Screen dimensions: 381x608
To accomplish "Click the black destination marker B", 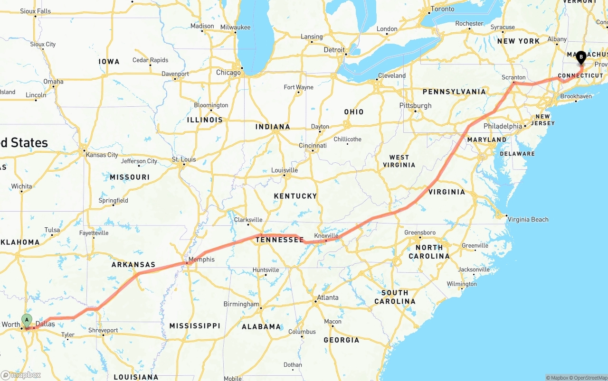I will click(x=580, y=57).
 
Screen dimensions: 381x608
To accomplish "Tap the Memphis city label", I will click(x=201, y=260).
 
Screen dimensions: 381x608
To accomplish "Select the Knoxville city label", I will click(x=326, y=236).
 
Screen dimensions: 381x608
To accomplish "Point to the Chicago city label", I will click(x=228, y=73).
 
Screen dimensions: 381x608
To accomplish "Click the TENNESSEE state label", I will click(x=280, y=240).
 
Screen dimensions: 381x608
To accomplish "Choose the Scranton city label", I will click(x=513, y=77).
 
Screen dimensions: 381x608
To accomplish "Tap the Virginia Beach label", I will click(x=528, y=219).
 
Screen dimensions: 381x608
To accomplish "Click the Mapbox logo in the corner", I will click(x=21, y=375).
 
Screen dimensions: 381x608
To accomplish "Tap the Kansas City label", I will click(x=102, y=155).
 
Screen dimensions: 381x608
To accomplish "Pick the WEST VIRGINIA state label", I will click(x=399, y=161).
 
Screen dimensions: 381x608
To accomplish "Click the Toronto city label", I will click(x=442, y=9).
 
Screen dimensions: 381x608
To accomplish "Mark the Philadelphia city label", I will click(x=503, y=126).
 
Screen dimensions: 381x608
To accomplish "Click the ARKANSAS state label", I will click(x=133, y=265).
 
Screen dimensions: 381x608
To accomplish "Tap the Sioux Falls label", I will click(x=35, y=11).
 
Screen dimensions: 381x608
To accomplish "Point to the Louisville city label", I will click(x=285, y=170).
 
